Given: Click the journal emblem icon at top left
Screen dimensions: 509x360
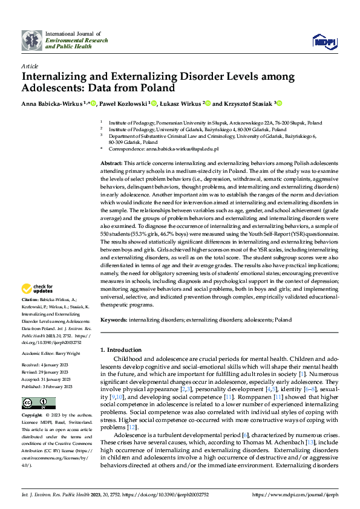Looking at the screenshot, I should (32, 40).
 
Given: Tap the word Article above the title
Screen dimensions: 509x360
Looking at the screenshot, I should (29, 66).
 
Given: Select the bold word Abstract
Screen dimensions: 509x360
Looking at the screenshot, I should (111, 164).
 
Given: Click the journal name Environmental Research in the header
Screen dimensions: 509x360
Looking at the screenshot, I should (77, 40).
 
